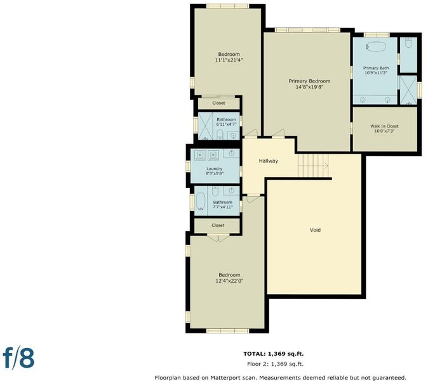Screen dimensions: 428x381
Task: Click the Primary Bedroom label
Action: pos(309,81)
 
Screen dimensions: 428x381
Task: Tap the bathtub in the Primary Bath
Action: pos(376,46)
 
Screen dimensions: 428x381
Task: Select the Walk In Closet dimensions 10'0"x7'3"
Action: pos(384,131)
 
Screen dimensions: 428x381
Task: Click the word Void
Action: pos(315,230)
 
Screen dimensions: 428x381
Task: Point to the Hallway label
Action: pos(269,161)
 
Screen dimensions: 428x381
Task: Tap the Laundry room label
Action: pos(214,169)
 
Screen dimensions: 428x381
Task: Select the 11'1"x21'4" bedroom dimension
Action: pos(229,60)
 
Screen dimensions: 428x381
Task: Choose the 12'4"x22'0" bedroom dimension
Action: pos(229,281)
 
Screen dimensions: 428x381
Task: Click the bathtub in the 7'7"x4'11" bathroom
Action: pos(201,201)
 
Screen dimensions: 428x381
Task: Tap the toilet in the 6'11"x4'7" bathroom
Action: pos(220,134)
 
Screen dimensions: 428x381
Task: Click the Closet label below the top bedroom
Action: pos(218,103)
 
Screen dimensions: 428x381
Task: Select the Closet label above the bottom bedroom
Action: pos(218,225)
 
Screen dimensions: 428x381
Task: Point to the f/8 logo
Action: pos(18,358)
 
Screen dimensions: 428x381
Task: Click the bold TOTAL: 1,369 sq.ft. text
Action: pos(274,354)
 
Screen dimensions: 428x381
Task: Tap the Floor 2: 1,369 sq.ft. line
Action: pos(275,364)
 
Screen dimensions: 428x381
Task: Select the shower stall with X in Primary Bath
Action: pos(408,90)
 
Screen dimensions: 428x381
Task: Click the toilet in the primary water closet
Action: pos(408,43)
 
